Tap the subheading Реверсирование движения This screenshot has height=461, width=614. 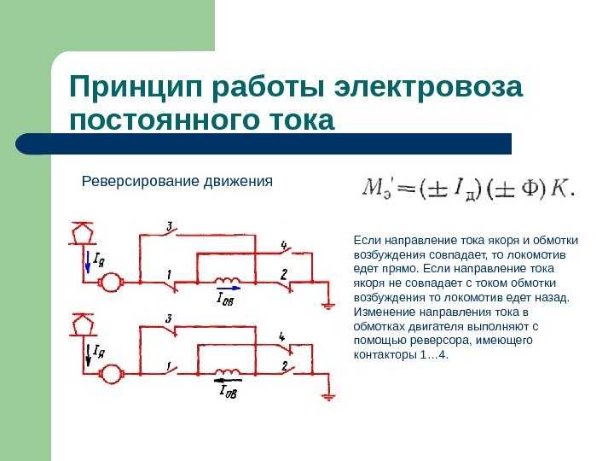[176, 181]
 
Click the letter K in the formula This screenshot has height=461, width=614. [559, 187]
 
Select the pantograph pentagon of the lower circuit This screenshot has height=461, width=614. [84, 325]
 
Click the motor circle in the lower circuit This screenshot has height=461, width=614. [111, 372]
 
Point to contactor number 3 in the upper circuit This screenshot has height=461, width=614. [170, 233]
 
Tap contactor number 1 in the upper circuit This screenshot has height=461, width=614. [171, 279]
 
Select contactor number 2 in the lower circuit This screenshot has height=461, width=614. [287, 371]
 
